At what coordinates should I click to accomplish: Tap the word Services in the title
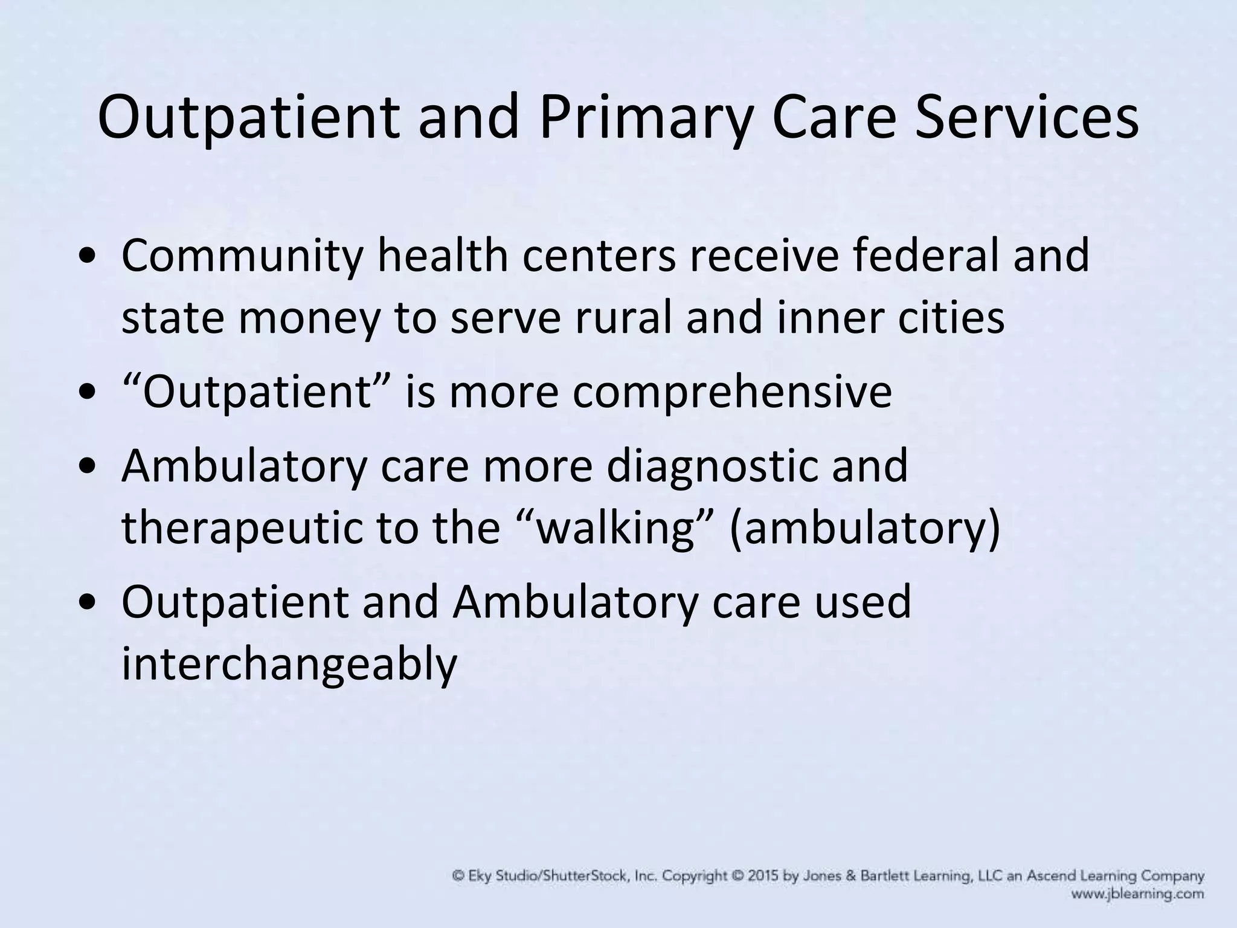click(x=1026, y=118)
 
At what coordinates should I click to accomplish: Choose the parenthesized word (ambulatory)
click(x=865, y=528)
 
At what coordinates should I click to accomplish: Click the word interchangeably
click(x=289, y=665)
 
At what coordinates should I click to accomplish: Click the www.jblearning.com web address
click(x=1138, y=894)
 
